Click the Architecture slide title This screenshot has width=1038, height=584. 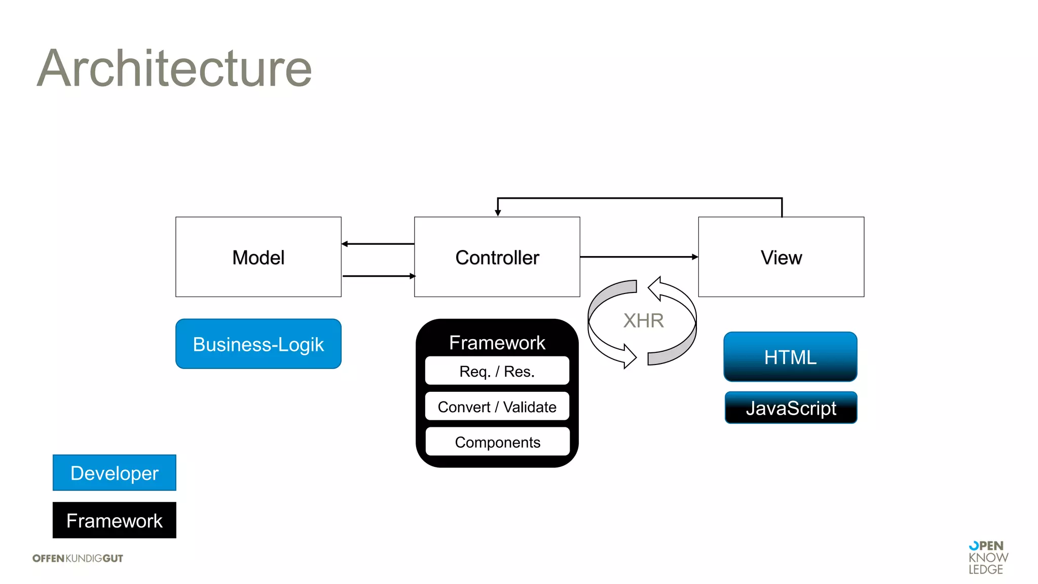(x=174, y=68)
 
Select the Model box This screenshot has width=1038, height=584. (x=258, y=257)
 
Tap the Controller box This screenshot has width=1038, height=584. (x=497, y=257)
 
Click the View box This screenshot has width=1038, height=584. (x=781, y=257)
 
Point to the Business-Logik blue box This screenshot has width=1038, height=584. (x=258, y=344)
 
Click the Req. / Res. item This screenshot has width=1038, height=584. (x=497, y=371)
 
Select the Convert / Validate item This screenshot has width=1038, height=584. (x=497, y=407)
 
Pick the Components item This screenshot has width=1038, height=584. (x=497, y=442)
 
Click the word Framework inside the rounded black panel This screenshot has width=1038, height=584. (x=497, y=343)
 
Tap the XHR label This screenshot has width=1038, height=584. (x=643, y=320)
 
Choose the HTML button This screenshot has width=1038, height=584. (x=790, y=357)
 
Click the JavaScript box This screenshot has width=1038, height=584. (x=791, y=408)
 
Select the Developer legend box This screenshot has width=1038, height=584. (x=115, y=472)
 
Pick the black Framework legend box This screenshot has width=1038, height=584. (x=115, y=520)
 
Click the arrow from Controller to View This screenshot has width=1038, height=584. (x=639, y=257)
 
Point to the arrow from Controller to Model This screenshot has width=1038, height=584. (x=378, y=244)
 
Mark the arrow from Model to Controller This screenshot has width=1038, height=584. (x=378, y=276)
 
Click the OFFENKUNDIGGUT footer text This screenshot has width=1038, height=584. (x=78, y=558)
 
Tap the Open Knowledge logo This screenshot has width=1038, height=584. (x=988, y=557)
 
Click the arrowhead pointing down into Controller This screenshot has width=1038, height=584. (x=498, y=213)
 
